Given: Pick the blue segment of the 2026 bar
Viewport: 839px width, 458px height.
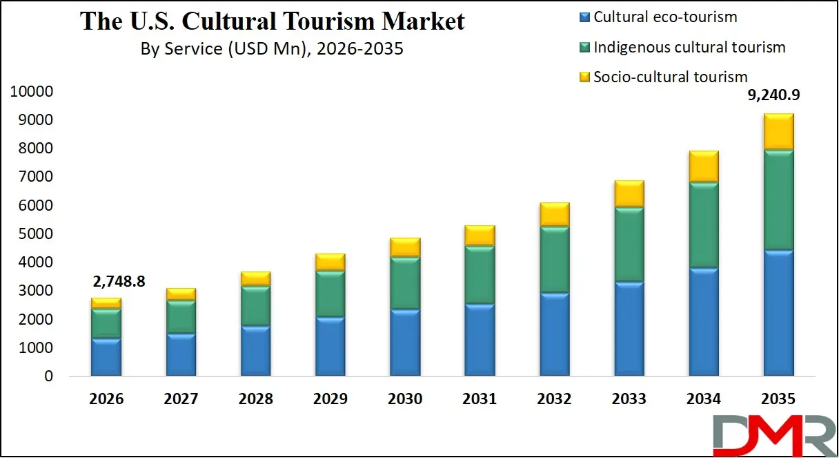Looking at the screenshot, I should (x=106, y=356).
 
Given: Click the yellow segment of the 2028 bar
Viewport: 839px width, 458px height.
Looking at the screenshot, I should (x=255, y=278).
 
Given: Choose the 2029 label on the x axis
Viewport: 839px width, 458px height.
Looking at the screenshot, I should (x=330, y=399).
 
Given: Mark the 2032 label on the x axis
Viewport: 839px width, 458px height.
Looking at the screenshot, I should (x=554, y=399).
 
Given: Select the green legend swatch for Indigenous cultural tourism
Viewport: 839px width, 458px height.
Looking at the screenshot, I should (x=584, y=48).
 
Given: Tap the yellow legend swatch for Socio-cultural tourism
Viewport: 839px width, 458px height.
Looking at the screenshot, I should (x=584, y=77).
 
